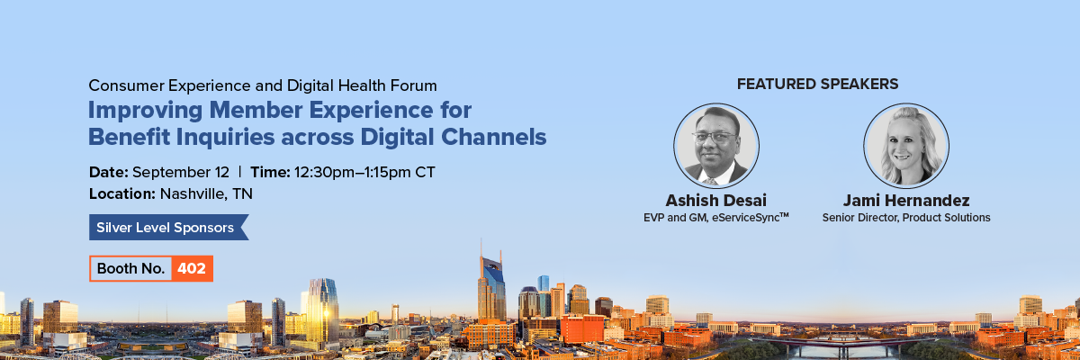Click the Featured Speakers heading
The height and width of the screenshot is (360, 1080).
pyautogui.click(x=817, y=84)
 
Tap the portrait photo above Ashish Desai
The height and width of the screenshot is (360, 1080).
pyautogui.click(x=716, y=146)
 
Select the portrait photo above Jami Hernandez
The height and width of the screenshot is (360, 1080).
pyautogui.click(x=906, y=146)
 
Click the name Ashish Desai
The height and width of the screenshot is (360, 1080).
pyautogui.click(x=716, y=200)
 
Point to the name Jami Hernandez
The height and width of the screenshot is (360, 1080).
pyautogui.click(x=906, y=200)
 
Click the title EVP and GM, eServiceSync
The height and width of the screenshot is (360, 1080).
pyautogui.click(x=716, y=218)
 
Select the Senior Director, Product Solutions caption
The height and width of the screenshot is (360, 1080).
pyautogui.click(x=906, y=218)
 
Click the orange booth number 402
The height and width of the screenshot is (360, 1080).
pyautogui.click(x=192, y=268)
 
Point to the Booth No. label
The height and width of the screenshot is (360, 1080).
pyautogui.click(x=130, y=268)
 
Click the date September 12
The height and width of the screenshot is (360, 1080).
pyautogui.click(x=181, y=173)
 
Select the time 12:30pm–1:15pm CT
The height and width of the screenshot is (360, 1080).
pyautogui.click(x=364, y=173)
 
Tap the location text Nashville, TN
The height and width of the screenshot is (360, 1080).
pyautogui.click(x=206, y=193)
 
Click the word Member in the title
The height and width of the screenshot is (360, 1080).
pyautogui.click(x=256, y=110)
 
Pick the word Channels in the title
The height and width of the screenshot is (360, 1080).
pyautogui.click(x=494, y=137)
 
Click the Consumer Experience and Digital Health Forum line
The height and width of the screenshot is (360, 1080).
pyautogui.click(x=263, y=85)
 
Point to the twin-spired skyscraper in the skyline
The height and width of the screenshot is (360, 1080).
pyautogui.click(x=491, y=284)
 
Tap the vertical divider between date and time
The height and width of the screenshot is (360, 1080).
pyautogui.click(x=239, y=172)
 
